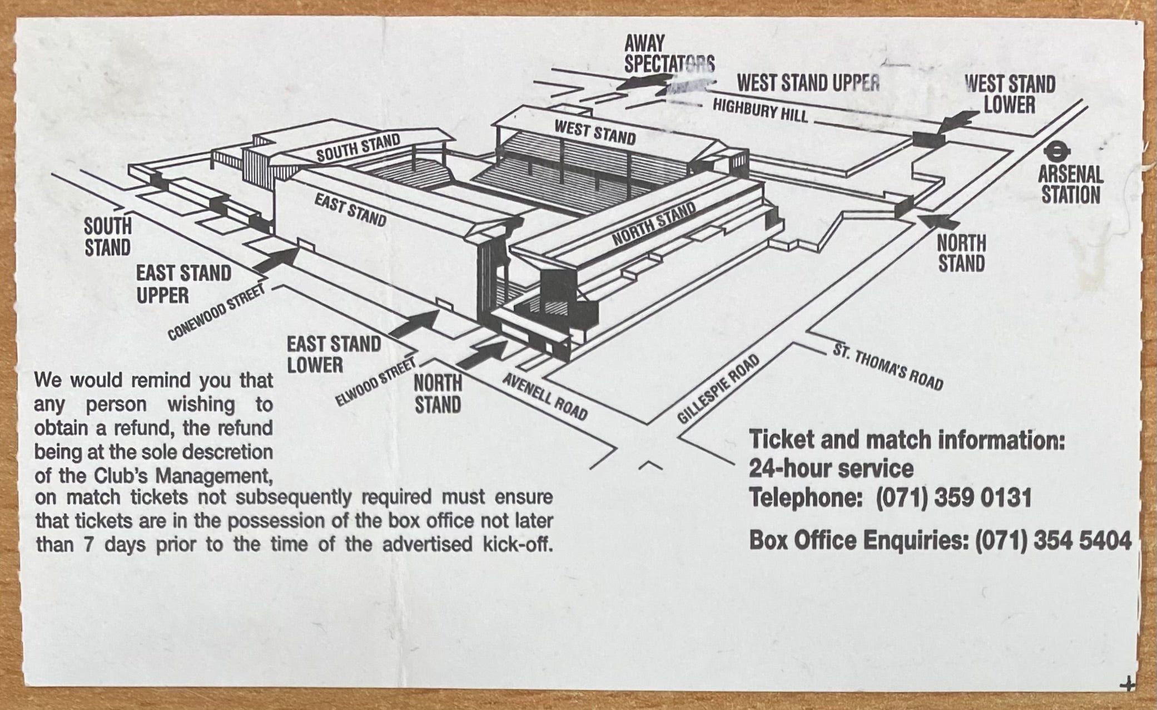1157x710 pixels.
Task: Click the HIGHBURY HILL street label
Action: tap(760, 110)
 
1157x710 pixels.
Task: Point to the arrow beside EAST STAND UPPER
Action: tap(277, 259)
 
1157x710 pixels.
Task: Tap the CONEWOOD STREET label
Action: tap(216, 313)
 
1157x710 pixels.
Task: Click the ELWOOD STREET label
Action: tap(375, 382)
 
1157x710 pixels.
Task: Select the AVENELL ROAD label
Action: tap(545, 396)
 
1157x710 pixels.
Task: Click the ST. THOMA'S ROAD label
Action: tap(888, 367)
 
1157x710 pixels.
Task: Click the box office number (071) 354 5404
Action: tap(1053, 540)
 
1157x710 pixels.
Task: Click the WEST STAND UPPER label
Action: tap(808, 83)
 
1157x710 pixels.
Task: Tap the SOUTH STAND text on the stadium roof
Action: tap(358, 147)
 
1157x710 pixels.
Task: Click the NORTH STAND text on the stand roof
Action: tap(654, 223)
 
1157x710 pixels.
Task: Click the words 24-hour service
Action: tap(831, 469)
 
